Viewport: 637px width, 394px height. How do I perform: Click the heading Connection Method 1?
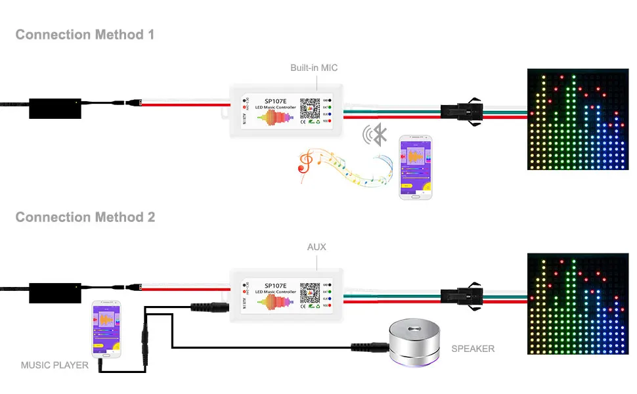[x=85, y=35]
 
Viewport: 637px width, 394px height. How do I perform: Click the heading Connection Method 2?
[x=85, y=217]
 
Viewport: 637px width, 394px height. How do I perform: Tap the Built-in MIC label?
[x=314, y=68]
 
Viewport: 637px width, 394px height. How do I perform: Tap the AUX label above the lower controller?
[x=317, y=248]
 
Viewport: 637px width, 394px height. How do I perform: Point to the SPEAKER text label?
[x=473, y=349]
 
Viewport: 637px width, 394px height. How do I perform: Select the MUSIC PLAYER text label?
[x=55, y=365]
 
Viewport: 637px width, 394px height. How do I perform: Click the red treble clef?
[x=305, y=160]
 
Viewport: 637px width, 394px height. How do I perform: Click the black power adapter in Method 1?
[x=55, y=108]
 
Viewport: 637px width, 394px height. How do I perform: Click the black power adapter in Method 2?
[x=55, y=291]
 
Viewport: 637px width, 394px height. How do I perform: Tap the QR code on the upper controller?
[x=309, y=108]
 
